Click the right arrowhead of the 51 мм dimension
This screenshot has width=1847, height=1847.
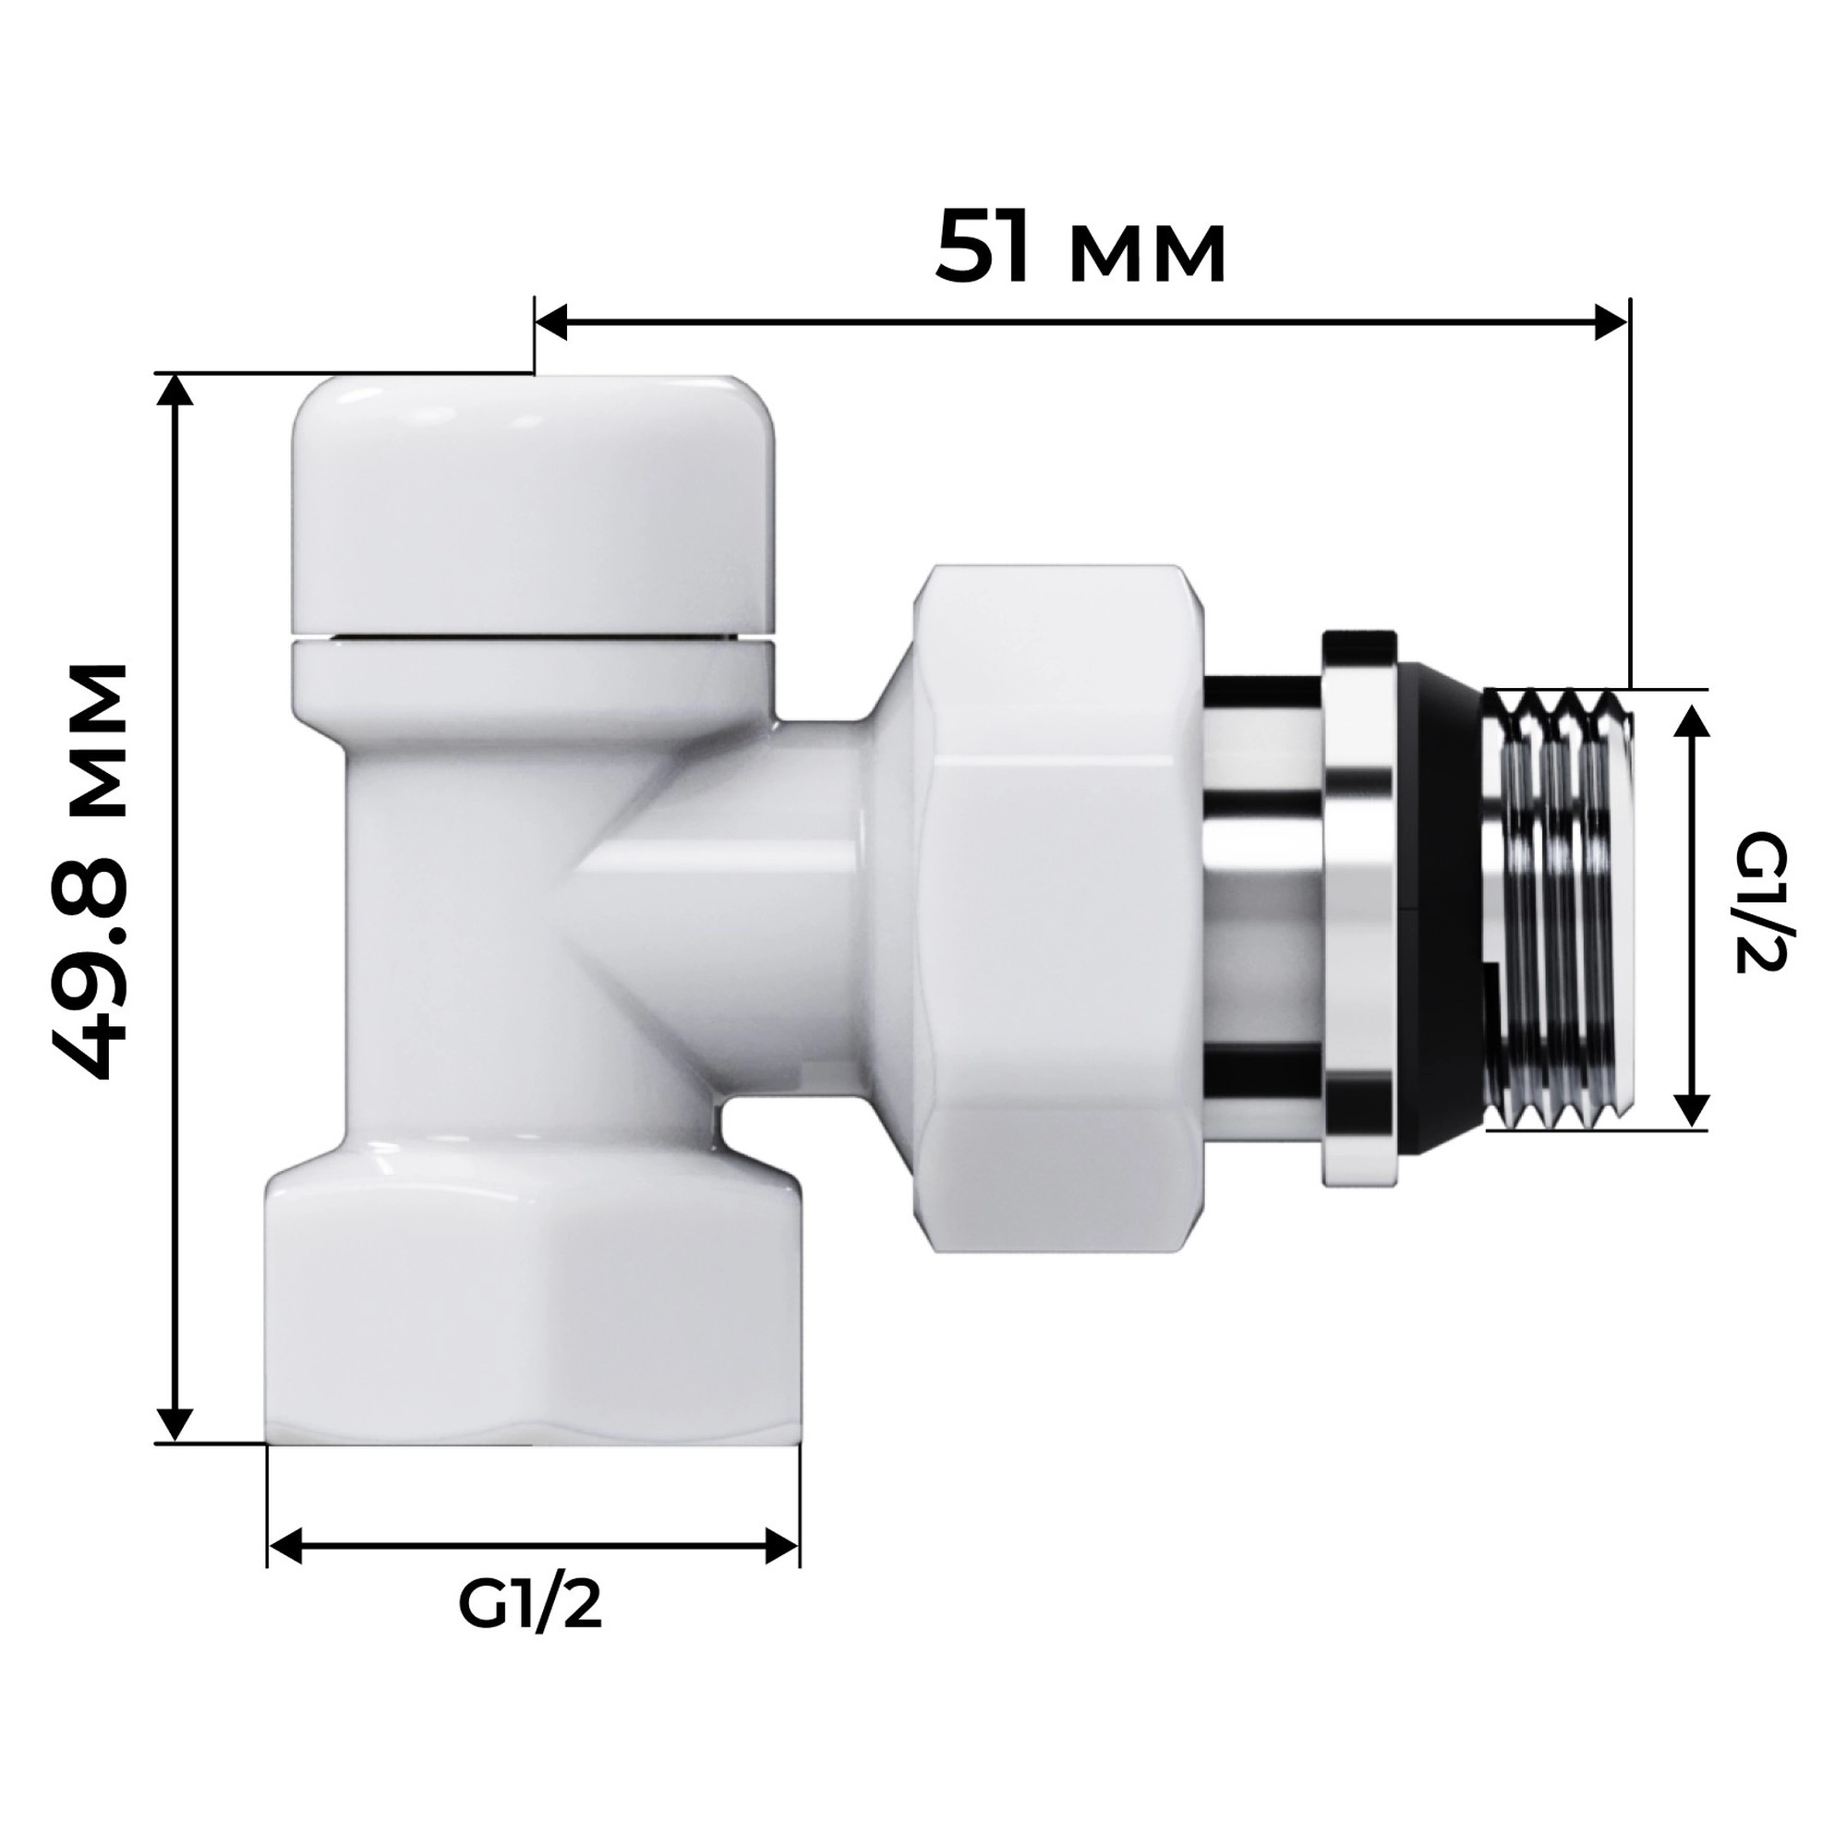point(1609,322)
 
